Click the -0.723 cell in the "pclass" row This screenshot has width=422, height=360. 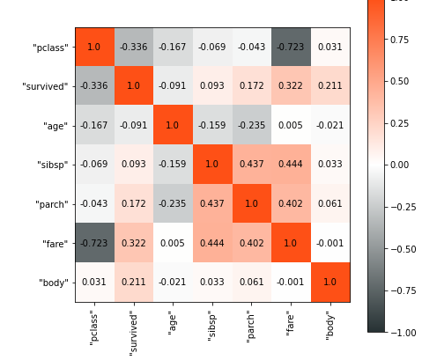[x=290, y=47]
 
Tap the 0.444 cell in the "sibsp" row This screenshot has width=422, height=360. [x=290, y=165]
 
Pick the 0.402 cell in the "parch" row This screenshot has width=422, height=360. [x=290, y=203]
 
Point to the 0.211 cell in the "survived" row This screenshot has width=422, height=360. [x=329, y=86]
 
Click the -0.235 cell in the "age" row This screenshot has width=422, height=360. [x=251, y=125]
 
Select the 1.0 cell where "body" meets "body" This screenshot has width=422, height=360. [x=329, y=283]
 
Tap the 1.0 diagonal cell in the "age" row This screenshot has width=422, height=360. [x=173, y=125]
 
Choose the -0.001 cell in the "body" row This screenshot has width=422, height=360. [x=290, y=283]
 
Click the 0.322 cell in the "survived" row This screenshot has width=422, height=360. [x=290, y=86]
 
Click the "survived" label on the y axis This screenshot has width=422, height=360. [x=46, y=86]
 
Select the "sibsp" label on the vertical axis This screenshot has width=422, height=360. [x=53, y=165]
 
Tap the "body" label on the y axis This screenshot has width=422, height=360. [x=53, y=283]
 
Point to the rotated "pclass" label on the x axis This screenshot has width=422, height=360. [x=94, y=326]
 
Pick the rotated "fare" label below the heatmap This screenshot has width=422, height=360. [x=290, y=322]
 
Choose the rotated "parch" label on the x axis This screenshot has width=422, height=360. [x=251, y=324]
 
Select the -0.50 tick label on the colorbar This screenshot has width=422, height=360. [x=403, y=249]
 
